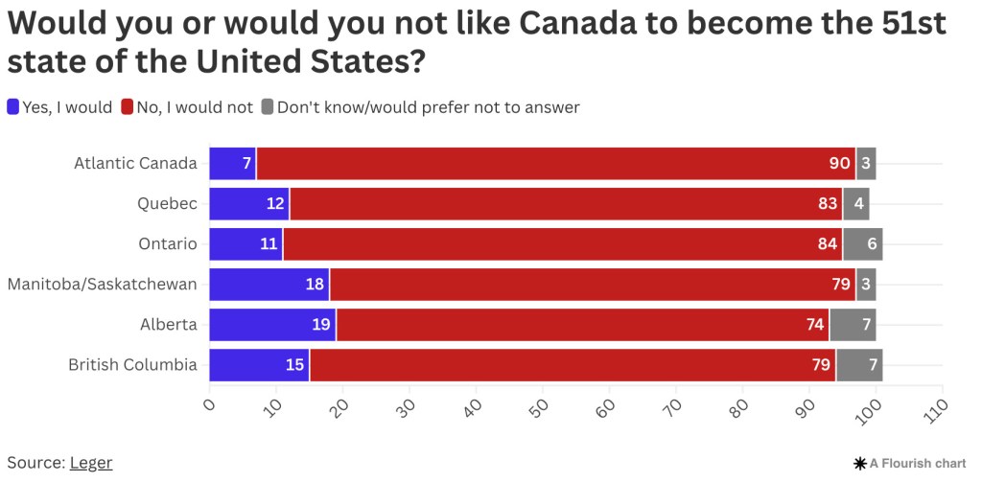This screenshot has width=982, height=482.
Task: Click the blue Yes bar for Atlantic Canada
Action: click(232, 164)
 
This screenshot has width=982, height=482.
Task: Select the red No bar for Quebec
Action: click(566, 204)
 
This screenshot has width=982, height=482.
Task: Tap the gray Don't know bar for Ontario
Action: click(862, 244)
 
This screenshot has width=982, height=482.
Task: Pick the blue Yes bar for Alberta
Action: click(272, 325)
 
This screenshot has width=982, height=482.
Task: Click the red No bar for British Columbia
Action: click(573, 365)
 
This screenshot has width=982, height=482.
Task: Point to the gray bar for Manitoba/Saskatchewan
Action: click(866, 285)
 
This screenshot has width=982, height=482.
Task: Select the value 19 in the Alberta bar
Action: click(321, 325)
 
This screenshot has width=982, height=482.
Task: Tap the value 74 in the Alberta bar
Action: click(815, 325)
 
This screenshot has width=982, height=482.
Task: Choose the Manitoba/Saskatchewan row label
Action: click(103, 285)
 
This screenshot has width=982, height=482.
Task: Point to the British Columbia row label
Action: click(132, 365)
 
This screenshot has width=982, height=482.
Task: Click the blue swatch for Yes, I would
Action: click(12, 107)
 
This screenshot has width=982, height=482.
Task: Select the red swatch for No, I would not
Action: click(127, 107)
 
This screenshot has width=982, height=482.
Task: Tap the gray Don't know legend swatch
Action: click(267, 107)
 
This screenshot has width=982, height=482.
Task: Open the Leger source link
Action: click(91, 463)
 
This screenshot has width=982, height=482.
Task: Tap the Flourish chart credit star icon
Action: click(859, 464)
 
